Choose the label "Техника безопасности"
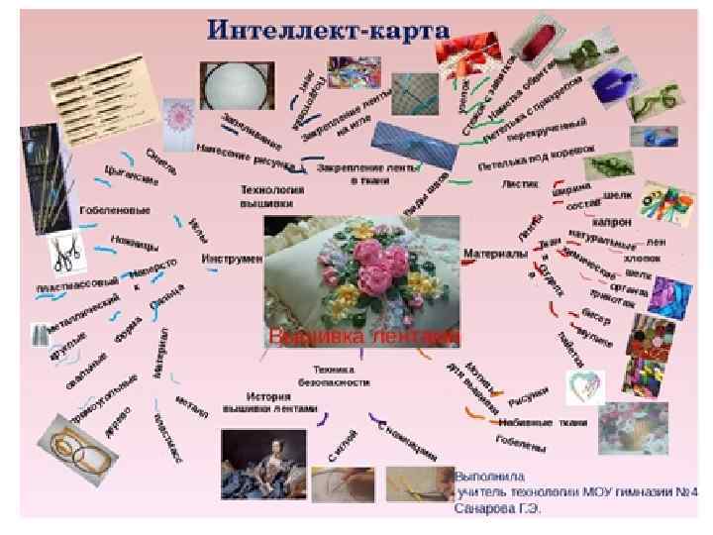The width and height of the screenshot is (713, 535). click(x=334, y=376)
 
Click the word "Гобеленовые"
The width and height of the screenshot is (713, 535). click(x=116, y=210)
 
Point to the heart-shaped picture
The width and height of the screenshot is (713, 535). click(x=585, y=385)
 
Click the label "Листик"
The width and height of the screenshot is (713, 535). click(x=520, y=184)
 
